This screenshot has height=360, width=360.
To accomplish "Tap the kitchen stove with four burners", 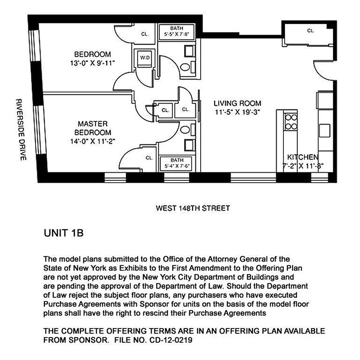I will point(290,121).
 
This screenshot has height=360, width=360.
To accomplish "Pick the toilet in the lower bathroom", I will point(184,130).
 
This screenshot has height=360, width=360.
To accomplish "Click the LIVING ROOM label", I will point(237,103).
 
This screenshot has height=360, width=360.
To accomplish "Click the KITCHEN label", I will point(303,157).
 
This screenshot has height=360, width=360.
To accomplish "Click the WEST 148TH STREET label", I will point(193,208).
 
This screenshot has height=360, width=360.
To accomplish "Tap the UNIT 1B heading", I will point(63,234).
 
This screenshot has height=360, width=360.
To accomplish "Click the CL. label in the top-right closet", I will point(310,31).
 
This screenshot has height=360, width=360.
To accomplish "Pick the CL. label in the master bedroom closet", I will point(149,157).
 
